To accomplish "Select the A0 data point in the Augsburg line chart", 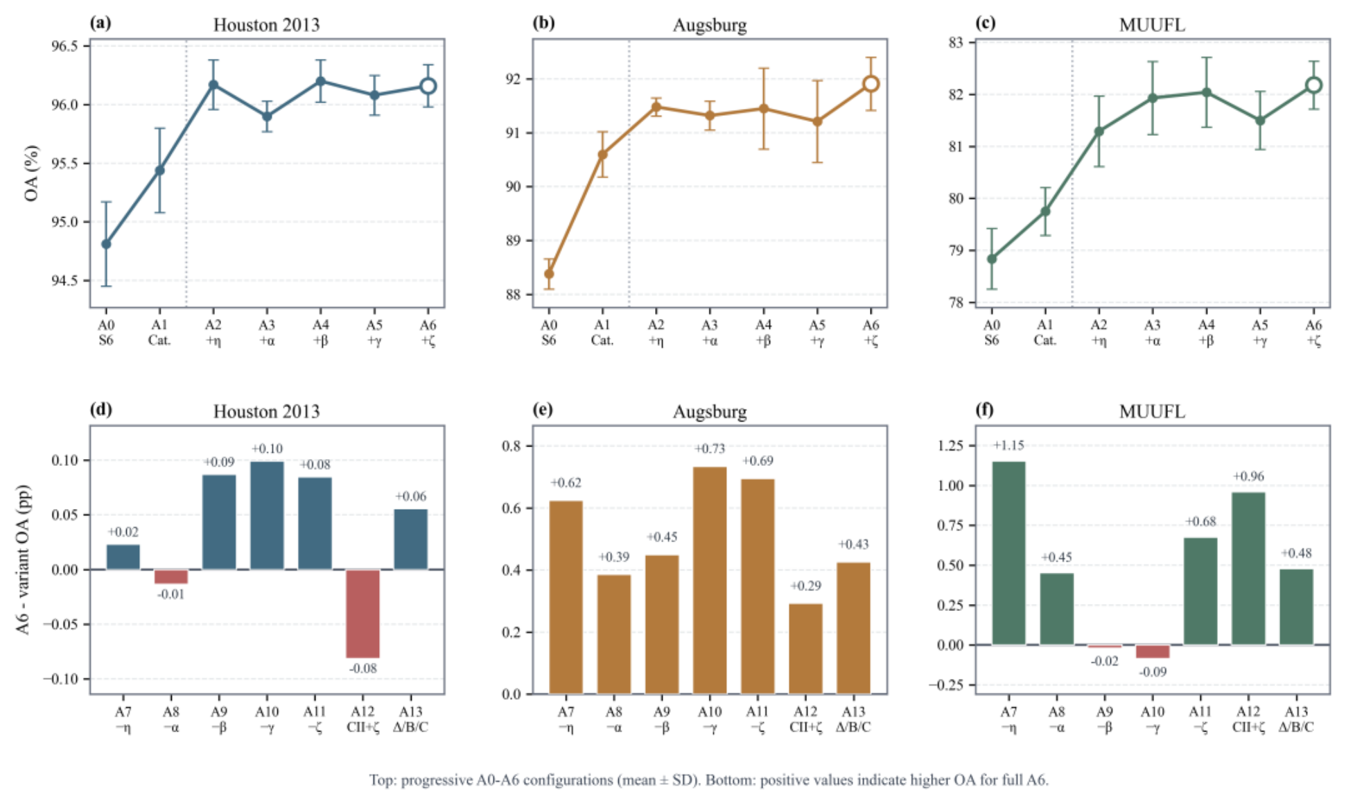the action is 549,274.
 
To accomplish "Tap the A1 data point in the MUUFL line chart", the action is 1045,211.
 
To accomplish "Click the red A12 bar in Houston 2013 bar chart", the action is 363,614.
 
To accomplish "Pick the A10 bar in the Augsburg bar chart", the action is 710,580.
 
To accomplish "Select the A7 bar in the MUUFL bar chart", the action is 1008,553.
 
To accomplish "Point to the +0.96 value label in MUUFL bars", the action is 1248,476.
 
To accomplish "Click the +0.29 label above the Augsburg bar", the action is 805,586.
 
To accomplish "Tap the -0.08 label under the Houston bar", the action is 363,668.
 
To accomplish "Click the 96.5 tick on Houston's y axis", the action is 64,46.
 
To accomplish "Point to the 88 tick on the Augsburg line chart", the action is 514,295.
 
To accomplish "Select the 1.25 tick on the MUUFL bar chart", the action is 950,445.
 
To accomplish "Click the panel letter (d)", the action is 100,409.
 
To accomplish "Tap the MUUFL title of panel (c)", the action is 1152,25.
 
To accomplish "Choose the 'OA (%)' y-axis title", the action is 31,173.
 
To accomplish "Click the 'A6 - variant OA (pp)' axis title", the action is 24,560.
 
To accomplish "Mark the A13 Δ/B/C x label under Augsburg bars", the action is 853,719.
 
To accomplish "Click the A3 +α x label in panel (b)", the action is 710,332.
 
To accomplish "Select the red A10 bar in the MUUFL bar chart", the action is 1153,651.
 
